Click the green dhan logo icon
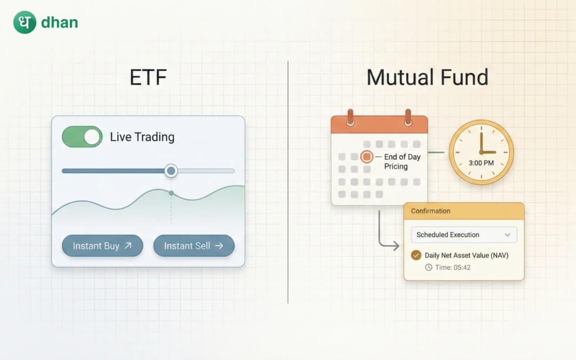[x=25, y=22]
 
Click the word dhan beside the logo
[x=59, y=23]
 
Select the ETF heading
[x=148, y=78]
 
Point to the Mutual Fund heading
[x=427, y=78]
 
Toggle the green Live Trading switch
[x=82, y=137]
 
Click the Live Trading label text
[x=142, y=137]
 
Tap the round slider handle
[x=171, y=171]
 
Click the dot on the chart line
[x=171, y=193]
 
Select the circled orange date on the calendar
[x=366, y=157]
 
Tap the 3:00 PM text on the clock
[x=481, y=163]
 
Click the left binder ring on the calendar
[x=350, y=117]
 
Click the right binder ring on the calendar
[x=408, y=117]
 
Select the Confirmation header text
[x=430, y=211]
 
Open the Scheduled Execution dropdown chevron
[x=507, y=235]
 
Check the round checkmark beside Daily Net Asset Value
[x=416, y=255]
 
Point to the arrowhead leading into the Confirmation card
[x=395, y=246]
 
